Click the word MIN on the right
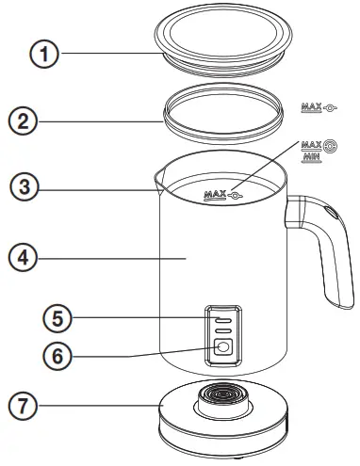[309, 159]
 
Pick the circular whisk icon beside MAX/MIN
[330, 148]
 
